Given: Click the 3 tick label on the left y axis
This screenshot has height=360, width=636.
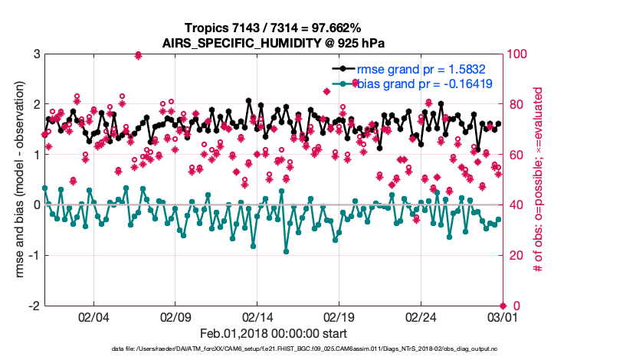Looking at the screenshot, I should point(36,54).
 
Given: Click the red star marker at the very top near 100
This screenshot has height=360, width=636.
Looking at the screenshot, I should point(138,55).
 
